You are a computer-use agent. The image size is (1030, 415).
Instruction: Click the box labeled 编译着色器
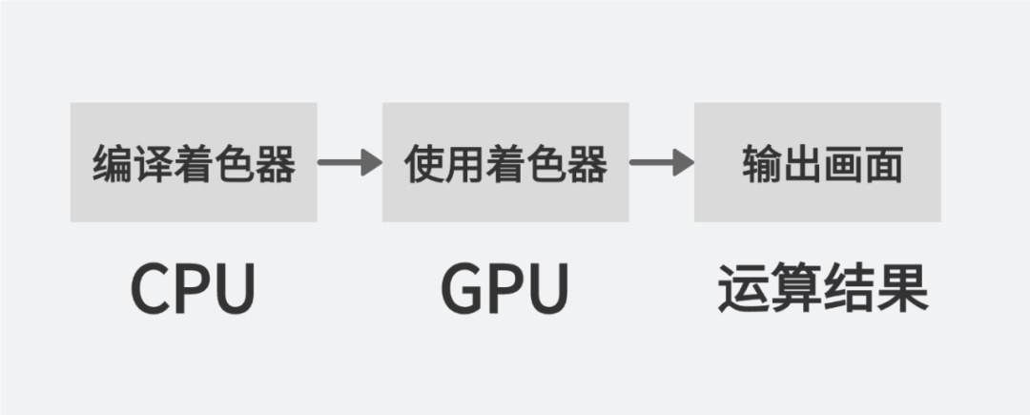pos(194,162)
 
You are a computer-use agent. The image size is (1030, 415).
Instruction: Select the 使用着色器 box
pos(505,162)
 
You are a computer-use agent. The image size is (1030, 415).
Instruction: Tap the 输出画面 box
pos(817,162)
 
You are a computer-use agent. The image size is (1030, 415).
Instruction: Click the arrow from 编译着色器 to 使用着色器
pos(349,162)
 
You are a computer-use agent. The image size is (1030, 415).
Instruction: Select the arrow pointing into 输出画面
pos(661,162)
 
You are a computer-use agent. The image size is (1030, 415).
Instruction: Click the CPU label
pos(194,289)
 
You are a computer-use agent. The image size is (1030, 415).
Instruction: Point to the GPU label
pos(505,289)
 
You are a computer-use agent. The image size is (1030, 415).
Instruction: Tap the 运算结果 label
pos(822,289)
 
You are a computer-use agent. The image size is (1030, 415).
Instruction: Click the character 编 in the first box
pos(113,165)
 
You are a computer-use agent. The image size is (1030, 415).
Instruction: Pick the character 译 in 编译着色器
pos(153,165)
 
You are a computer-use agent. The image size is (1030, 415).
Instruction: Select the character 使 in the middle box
pos(424,165)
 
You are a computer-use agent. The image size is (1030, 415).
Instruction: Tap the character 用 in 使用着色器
pos(464,165)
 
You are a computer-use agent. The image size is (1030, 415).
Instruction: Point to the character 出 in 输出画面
pos(801,165)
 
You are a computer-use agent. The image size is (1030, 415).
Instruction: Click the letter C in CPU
pos(151,289)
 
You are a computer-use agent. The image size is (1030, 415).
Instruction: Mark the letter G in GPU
pos(462,289)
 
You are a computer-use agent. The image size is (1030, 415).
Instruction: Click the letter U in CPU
pos(235,289)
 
